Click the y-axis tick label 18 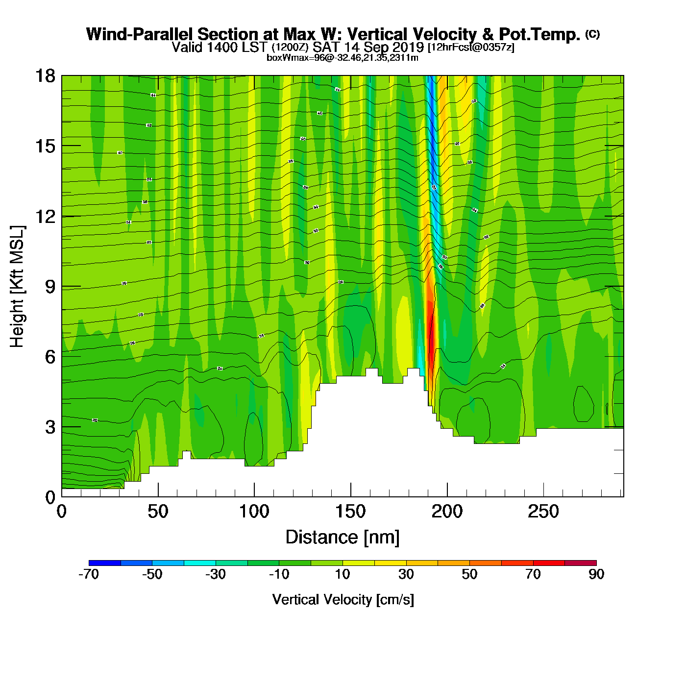point(45,76)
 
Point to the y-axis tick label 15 point(45,146)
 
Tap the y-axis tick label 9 point(50,287)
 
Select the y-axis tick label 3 point(50,427)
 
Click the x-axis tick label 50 point(158,512)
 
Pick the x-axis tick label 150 point(350,512)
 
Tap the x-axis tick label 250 point(543,512)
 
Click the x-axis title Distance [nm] point(343,538)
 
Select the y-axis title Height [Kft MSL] point(17,287)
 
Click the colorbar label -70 point(89,574)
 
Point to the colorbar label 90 point(596,574)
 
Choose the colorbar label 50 point(469,574)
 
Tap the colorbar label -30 point(215,574)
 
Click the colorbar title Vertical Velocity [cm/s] point(343,600)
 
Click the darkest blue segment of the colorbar point(105,563)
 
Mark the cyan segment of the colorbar point(200,563)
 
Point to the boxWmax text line point(343,58)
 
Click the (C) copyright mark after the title point(592,34)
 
